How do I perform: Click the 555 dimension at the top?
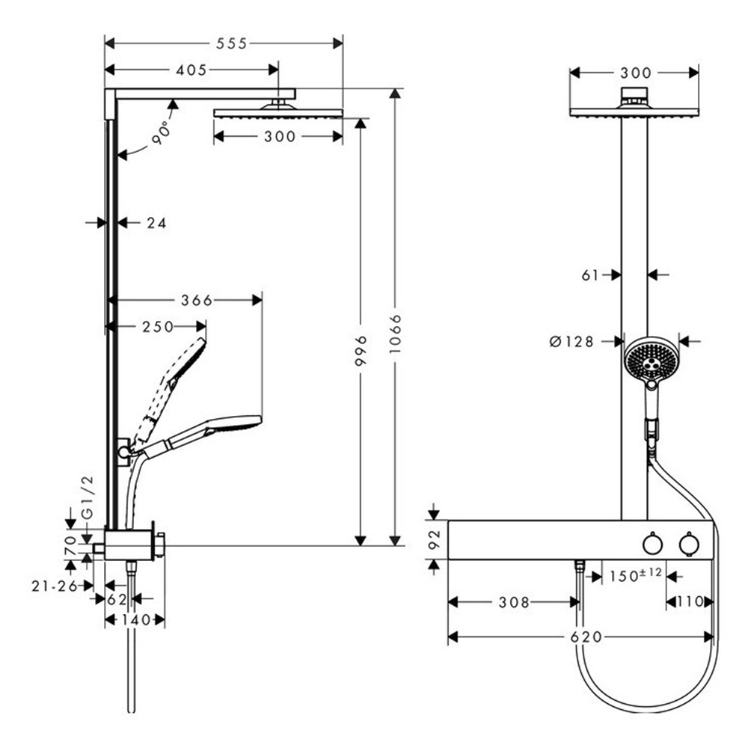(x=231, y=44)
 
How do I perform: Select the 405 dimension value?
(x=191, y=70)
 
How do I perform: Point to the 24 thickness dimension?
(x=156, y=222)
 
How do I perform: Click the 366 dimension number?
(x=197, y=300)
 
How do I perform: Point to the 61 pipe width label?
(x=590, y=275)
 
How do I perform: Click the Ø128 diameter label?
(x=571, y=342)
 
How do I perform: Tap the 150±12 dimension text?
(x=635, y=576)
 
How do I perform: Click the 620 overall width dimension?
(x=586, y=637)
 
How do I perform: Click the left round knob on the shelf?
(x=651, y=544)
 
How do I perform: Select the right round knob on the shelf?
(x=688, y=544)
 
